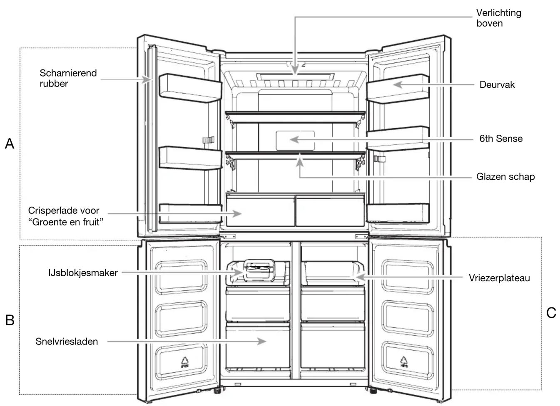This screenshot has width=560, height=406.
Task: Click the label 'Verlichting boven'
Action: (x=499, y=18)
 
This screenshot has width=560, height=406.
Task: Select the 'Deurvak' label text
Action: (x=497, y=85)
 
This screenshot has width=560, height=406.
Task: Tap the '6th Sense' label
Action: (x=501, y=139)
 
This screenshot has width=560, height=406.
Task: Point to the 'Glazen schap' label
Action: (x=505, y=177)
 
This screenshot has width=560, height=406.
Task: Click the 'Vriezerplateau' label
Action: (x=499, y=278)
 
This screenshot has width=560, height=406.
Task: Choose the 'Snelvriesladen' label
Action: (x=67, y=342)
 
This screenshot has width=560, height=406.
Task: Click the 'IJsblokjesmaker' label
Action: (x=83, y=273)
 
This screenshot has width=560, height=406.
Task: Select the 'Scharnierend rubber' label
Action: (x=68, y=78)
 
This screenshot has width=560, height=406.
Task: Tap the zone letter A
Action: (x=10, y=144)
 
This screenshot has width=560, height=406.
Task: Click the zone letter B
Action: (x=10, y=320)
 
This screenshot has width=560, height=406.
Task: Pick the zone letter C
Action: (x=551, y=313)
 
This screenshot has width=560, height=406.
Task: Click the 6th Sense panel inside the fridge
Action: (x=295, y=141)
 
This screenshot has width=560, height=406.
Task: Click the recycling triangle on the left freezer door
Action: (x=184, y=361)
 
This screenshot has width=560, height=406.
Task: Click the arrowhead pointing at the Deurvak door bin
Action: (x=398, y=85)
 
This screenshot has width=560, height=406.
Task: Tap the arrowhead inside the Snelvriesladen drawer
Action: (x=262, y=341)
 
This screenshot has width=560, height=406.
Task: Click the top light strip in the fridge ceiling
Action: (x=295, y=77)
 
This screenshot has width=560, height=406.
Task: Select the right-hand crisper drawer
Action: (x=330, y=211)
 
